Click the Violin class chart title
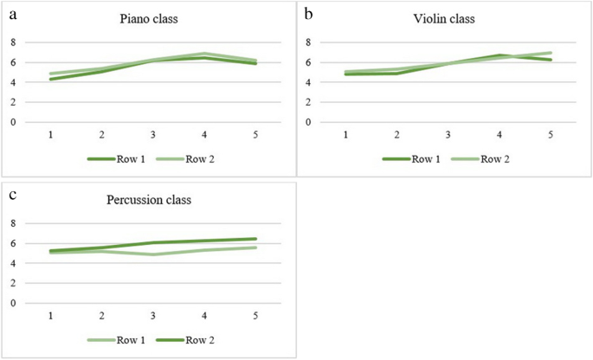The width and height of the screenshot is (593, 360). point(446,18)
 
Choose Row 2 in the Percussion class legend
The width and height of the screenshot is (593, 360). point(199,339)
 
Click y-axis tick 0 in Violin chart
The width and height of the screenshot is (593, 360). point(310,122)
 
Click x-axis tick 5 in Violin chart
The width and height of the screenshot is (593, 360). point(551,135)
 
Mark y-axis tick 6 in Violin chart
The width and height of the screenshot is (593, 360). point(310,62)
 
